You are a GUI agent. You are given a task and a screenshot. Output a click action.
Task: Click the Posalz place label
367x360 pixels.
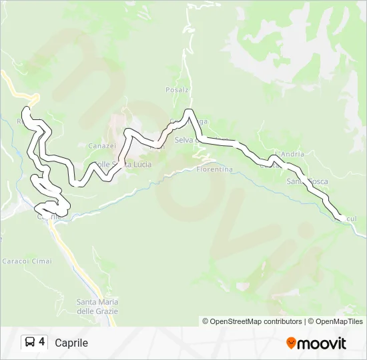[177, 89]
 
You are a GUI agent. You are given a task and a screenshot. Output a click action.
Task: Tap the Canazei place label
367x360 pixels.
[102, 146]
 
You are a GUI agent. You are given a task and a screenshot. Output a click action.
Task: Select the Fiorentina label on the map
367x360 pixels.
[214, 169]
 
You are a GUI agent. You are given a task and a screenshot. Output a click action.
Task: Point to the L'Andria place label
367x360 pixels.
[290, 154]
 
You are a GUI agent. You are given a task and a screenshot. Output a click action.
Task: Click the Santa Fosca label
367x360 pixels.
[307, 181]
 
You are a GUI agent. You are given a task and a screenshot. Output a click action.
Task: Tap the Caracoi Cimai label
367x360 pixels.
[27, 261]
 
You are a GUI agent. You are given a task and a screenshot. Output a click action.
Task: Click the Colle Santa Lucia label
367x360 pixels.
[122, 164]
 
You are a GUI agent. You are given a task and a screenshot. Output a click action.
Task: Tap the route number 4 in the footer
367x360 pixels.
[42, 342]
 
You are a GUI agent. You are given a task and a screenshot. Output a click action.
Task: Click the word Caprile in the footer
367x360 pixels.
[71, 343]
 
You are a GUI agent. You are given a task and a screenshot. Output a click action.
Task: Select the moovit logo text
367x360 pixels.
[322, 343]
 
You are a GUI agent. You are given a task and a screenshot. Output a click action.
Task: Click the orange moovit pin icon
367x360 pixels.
[291, 343]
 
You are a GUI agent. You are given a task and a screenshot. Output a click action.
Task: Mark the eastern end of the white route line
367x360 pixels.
[344, 219]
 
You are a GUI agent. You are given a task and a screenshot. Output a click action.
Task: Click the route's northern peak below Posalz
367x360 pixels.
[190, 111]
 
